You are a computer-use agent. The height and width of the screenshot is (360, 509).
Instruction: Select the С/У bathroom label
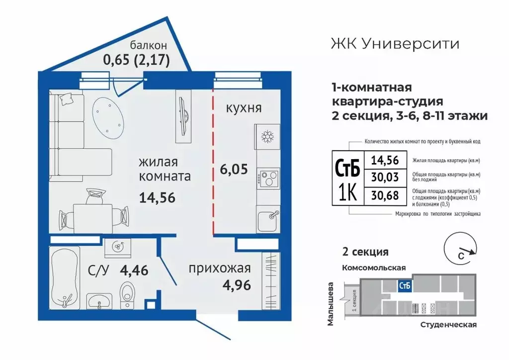pyautogui.click(x=99, y=271)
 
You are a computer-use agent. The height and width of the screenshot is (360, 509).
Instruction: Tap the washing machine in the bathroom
pyautogui.click(x=118, y=247)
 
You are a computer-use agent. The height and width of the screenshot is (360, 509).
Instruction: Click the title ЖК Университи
pyautogui.click(x=395, y=44)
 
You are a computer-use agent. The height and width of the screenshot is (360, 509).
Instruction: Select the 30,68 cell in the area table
pyautogui.click(x=385, y=194)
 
